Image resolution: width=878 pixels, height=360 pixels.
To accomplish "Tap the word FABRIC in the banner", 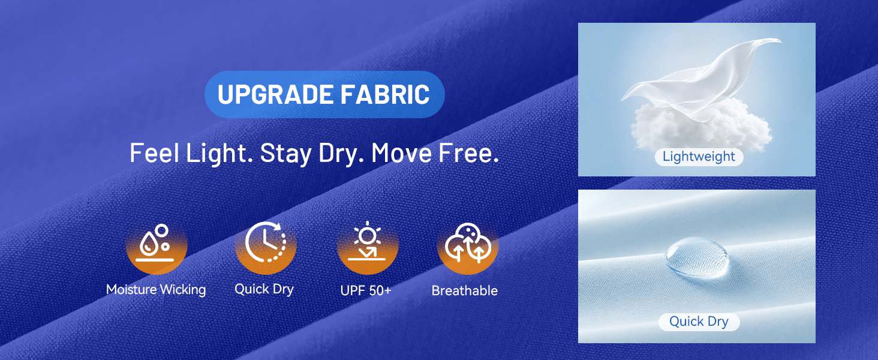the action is [385, 95].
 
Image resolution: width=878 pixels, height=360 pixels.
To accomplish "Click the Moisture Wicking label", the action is [156, 290].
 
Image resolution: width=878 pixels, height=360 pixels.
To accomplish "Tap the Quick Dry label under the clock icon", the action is [264, 289].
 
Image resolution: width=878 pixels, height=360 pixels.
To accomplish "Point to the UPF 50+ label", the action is [366, 290].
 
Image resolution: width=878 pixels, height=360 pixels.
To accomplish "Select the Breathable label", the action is [464, 290].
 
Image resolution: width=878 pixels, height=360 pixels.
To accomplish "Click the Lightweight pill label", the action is [699, 157].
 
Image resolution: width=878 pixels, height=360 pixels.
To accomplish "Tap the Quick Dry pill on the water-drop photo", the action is [699, 322].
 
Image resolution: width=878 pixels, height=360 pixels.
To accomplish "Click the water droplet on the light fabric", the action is [697, 257].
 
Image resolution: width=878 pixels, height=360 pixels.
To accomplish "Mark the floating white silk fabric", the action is [702, 79].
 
